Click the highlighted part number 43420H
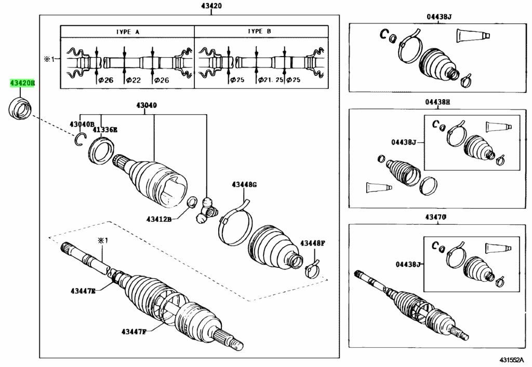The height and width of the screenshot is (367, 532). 22,83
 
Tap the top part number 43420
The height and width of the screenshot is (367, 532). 211,6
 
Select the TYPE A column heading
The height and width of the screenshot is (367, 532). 128,32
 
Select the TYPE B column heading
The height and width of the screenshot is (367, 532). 260,31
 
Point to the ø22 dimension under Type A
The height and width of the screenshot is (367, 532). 133,80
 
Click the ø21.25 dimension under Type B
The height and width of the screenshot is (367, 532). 270,80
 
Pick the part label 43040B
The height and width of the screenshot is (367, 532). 82,125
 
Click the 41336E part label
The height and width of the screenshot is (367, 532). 105,130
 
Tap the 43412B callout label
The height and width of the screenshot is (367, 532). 159,219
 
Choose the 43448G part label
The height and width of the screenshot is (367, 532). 244,185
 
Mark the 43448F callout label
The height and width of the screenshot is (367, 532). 313,243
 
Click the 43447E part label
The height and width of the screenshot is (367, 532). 83,291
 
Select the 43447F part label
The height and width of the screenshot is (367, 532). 134,331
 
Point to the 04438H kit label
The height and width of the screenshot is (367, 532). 437,102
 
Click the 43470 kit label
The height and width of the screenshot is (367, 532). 436,217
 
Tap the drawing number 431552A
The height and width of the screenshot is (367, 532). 513,359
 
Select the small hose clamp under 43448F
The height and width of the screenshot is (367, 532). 312,269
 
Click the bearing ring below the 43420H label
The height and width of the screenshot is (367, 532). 20,108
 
